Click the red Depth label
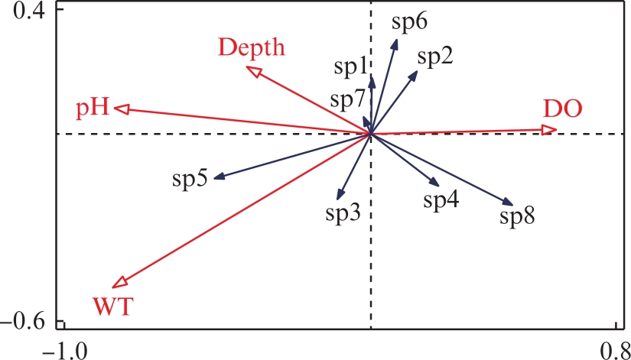pyautogui.click(x=252, y=47)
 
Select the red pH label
pyautogui.click(x=93, y=107)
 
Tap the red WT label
pyautogui.click(x=113, y=307)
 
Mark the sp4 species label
pyautogui.click(x=441, y=200)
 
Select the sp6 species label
pyautogui.click(x=409, y=22)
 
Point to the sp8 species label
pyautogui.click(x=517, y=216)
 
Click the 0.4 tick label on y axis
pyautogui.click(x=31, y=11)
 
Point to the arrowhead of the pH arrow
pyautogui.click(x=119, y=109)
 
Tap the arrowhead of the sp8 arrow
pyautogui.click(x=509, y=202)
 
